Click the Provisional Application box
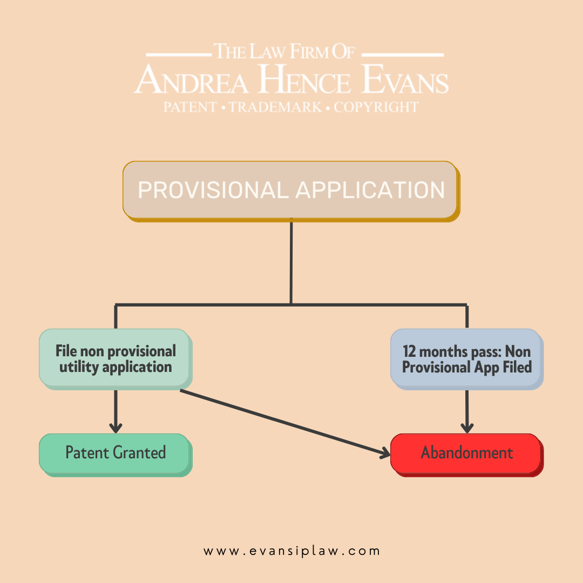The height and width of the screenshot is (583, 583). tap(291, 191)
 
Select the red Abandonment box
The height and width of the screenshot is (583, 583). tap(466, 455)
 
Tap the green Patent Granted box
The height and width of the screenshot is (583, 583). tap(116, 455)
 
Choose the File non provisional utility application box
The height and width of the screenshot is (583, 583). tap(116, 359)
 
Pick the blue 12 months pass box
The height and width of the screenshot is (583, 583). tap(466, 359)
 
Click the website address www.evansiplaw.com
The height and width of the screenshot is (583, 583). tap(291, 551)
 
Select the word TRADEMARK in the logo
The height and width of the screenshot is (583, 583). tap(275, 107)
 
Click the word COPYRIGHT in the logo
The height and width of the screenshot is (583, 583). tap(376, 107)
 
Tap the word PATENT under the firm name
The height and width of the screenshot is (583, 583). tap(190, 107)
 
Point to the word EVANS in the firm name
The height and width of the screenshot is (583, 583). tap(405, 79)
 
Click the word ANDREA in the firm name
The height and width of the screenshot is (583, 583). tap(192, 79)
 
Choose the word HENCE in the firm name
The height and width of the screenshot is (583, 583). tap(304, 79)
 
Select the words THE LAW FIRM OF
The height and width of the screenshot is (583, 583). tap(284, 51)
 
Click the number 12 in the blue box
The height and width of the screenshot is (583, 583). tap(409, 351)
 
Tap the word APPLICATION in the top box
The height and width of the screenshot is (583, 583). tap(370, 190)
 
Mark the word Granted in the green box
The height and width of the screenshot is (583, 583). tap(139, 452)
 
